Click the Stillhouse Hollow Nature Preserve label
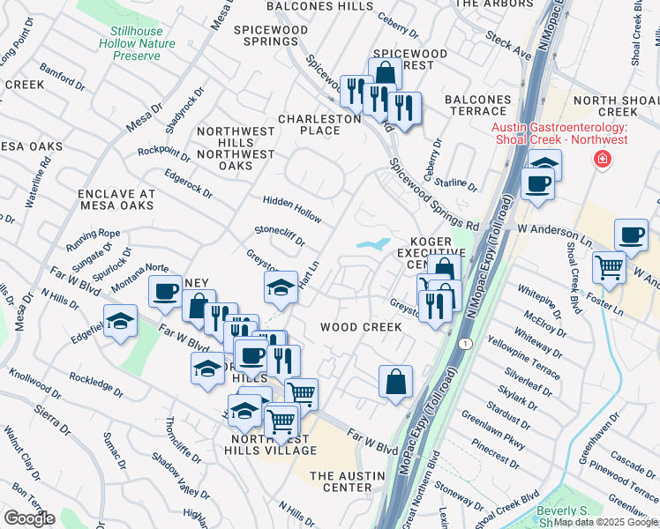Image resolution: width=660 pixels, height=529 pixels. (x=137, y=42)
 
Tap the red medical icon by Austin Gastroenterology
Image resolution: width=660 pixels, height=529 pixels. (x=603, y=159)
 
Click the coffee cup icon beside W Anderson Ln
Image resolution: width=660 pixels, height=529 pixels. (x=631, y=235)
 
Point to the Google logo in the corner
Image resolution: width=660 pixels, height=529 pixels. (x=28, y=518)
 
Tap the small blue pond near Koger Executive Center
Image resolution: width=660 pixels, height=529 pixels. (x=374, y=243)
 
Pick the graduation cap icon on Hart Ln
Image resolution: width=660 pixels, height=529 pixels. (x=281, y=287)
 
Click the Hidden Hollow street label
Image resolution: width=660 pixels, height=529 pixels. (x=291, y=205)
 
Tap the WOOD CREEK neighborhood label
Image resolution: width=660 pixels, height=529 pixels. (x=361, y=327)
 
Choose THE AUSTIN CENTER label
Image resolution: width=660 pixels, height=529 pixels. (x=341, y=481)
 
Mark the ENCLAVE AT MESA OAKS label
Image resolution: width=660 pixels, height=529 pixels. (x=116, y=199)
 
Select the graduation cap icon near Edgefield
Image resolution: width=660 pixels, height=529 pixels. (x=120, y=320)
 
